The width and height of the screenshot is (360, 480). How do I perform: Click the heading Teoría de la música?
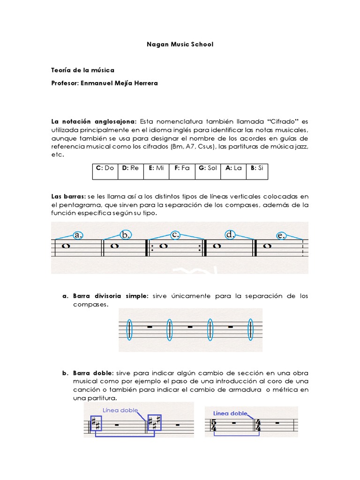pyautogui.click(x=82, y=70)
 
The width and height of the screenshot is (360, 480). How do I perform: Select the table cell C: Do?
pyautogui.click(x=105, y=168)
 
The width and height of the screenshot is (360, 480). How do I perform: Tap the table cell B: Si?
pyautogui.click(x=256, y=168)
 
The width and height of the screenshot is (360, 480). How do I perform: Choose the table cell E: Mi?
pyautogui.click(x=156, y=168)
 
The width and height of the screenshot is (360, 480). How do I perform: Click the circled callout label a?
pyautogui.click(x=78, y=235)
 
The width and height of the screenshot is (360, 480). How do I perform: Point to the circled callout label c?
pyautogui.click(x=176, y=234)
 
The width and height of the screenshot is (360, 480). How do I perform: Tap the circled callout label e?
pyautogui.click(x=281, y=236)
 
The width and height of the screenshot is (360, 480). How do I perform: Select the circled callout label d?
pyautogui.click(x=230, y=234)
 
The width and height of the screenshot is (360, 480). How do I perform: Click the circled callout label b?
pyautogui.click(x=125, y=235)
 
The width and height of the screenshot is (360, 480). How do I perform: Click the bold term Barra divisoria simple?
pyautogui.click(x=111, y=296)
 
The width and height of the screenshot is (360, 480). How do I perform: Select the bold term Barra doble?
pyautogui.click(x=93, y=373)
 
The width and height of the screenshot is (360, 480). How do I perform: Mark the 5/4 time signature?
pyautogui.click(x=214, y=425)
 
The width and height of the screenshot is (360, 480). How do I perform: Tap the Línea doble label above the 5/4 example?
pyautogui.click(x=230, y=413)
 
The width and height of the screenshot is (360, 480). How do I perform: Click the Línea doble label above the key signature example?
pyautogui.click(x=123, y=410)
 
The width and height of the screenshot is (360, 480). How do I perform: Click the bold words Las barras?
pyautogui.click(x=68, y=196)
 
